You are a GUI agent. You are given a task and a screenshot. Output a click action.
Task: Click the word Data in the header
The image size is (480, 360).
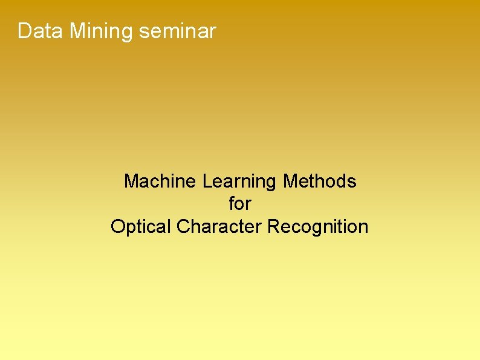(x=40, y=31)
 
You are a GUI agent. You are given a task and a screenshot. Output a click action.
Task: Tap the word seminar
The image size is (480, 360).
(x=177, y=31)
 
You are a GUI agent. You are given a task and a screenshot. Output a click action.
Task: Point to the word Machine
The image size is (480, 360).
(x=160, y=181)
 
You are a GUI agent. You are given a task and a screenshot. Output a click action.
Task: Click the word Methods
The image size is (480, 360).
(x=320, y=181)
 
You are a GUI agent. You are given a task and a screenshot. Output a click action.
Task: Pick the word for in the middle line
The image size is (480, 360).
(x=240, y=204)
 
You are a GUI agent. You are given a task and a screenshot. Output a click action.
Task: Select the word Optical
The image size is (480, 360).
(x=141, y=227)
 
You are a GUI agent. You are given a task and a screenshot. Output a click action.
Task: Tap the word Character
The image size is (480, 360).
(x=219, y=227)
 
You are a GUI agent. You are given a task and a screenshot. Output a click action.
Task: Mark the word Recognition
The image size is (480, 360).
(x=318, y=227)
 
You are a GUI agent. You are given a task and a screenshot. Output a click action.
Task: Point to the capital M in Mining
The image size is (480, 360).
(x=77, y=31)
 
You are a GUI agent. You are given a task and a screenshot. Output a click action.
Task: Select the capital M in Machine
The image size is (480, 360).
(x=131, y=181)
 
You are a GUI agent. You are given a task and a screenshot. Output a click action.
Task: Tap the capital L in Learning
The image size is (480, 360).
(x=207, y=181)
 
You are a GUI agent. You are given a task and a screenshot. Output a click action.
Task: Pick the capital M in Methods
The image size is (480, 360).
(x=290, y=181)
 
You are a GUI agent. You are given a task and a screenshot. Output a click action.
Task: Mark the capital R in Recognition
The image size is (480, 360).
(x=274, y=227)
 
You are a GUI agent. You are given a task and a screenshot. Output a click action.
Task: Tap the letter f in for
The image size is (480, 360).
(x=232, y=204)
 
